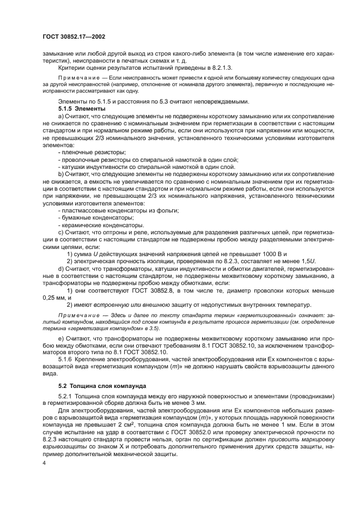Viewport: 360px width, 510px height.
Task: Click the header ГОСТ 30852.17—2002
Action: pos(73,37)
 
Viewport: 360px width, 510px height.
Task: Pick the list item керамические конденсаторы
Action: pos(93,224)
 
